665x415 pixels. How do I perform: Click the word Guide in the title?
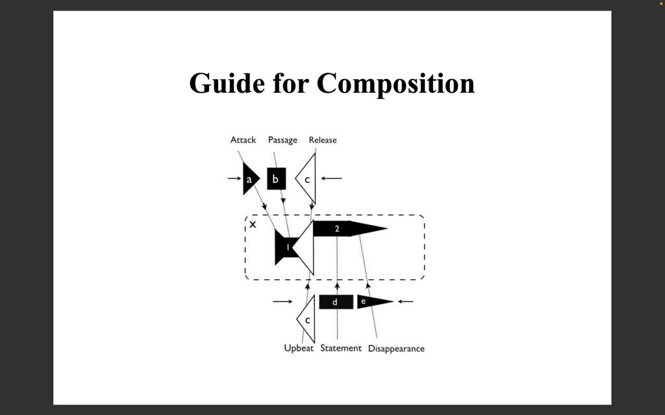pos(227,84)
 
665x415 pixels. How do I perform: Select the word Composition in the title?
pos(395,84)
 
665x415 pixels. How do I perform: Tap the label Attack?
pos(243,140)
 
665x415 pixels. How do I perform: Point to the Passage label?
pos(282,140)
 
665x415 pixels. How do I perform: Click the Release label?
pos(323,140)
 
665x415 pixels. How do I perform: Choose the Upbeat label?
pos(299,348)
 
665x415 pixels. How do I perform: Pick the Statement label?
pos(341,348)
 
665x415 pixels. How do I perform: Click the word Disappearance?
pos(396,348)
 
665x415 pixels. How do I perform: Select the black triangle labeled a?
pos(250,179)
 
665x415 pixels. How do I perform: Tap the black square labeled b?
pos(277,179)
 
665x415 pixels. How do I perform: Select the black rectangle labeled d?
pos(336,302)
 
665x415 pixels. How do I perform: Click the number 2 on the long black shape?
pos(337,229)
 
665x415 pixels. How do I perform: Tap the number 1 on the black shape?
pos(288,247)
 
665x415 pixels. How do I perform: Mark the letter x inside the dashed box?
pos(253,224)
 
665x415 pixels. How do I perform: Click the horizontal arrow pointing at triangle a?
pos(234,178)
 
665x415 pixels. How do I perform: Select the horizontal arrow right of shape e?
pos(405,302)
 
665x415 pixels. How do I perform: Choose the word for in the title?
pos(290,84)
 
